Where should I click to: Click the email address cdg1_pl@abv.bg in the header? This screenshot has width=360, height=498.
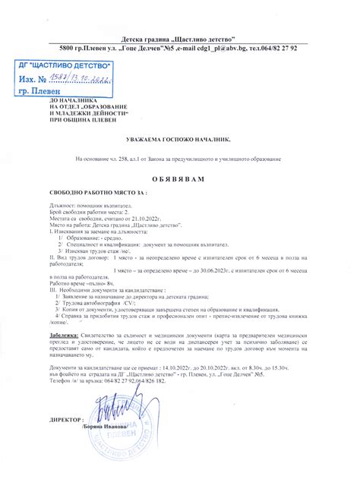click(x=212, y=47)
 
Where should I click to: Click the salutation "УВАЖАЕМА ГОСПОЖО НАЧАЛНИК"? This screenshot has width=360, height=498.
click(x=179, y=141)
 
